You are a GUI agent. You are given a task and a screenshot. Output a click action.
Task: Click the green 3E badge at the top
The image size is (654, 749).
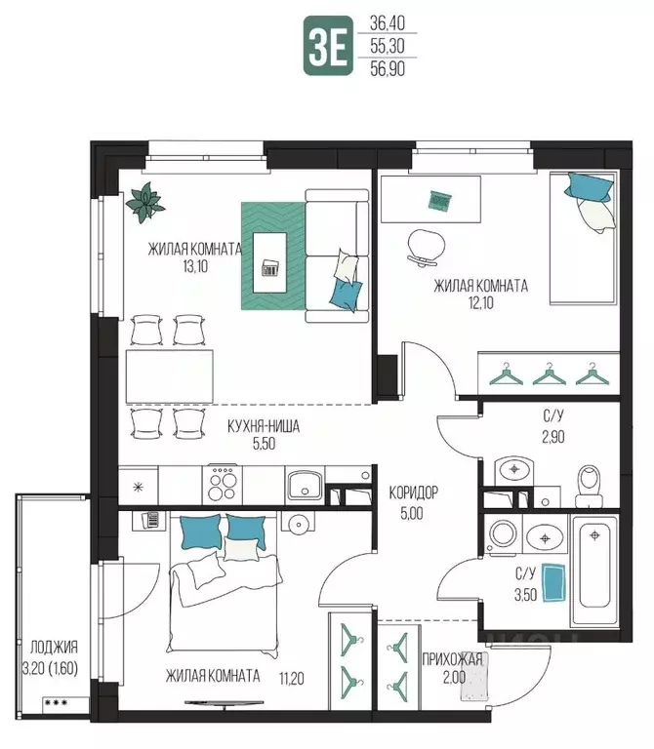pyautogui.click(x=328, y=46)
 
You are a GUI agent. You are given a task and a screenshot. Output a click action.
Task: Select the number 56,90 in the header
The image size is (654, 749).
pyautogui.click(x=388, y=69)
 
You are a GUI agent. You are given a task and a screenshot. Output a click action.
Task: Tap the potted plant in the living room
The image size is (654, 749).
pyautogui.click(x=145, y=202)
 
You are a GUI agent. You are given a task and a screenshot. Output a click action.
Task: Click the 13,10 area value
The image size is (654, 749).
pyautogui.click(x=195, y=266)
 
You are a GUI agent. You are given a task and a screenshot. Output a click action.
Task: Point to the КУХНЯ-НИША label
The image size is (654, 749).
pyautogui.click(x=264, y=426)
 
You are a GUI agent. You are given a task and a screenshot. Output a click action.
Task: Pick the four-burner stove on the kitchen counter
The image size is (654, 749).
pyautogui.click(x=222, y=485)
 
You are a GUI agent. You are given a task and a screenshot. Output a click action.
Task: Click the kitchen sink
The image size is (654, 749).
pyautogui.click(x=306, y=484)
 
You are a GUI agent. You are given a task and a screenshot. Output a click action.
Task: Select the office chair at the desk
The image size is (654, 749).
pyautogui.click(x=424, y=247)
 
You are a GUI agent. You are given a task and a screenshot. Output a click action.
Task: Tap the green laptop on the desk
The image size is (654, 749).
pyautogui.click(x=440, y=201)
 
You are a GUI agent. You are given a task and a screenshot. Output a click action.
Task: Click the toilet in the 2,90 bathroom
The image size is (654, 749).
pyautogui.click(x=589, y=486)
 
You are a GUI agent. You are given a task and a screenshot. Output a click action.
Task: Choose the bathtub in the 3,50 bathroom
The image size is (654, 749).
pyautogui.click(x=594, y=572)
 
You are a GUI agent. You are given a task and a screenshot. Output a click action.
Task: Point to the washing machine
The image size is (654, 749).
pyautogui.click(x=503, y=534)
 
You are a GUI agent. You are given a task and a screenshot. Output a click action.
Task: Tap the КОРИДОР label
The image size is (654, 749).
pyautogui.click(x=413, y=493)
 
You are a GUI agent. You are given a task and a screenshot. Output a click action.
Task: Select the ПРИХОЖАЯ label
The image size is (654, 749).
pyautogui.click(x=452, y=659)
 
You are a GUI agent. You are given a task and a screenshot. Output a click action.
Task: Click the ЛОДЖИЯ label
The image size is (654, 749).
pyautogui.click(x=54, y=648)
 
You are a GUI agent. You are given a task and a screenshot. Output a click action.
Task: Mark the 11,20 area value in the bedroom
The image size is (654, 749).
pyautogui.click(x=291, y=678)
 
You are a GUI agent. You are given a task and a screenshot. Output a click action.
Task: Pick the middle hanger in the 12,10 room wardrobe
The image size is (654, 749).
pyautogui.click(x=550, y=374)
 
